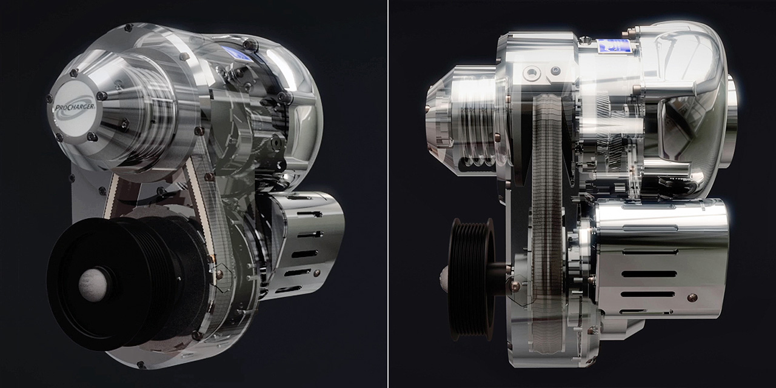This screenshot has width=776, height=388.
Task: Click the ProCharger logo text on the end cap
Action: (75, 107)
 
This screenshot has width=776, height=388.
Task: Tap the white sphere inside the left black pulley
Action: (93, 286)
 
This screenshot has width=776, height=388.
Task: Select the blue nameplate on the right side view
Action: (612, 46)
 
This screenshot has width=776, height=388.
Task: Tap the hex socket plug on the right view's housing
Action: (530, 73)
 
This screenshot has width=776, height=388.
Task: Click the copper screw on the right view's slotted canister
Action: (692, 297)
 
